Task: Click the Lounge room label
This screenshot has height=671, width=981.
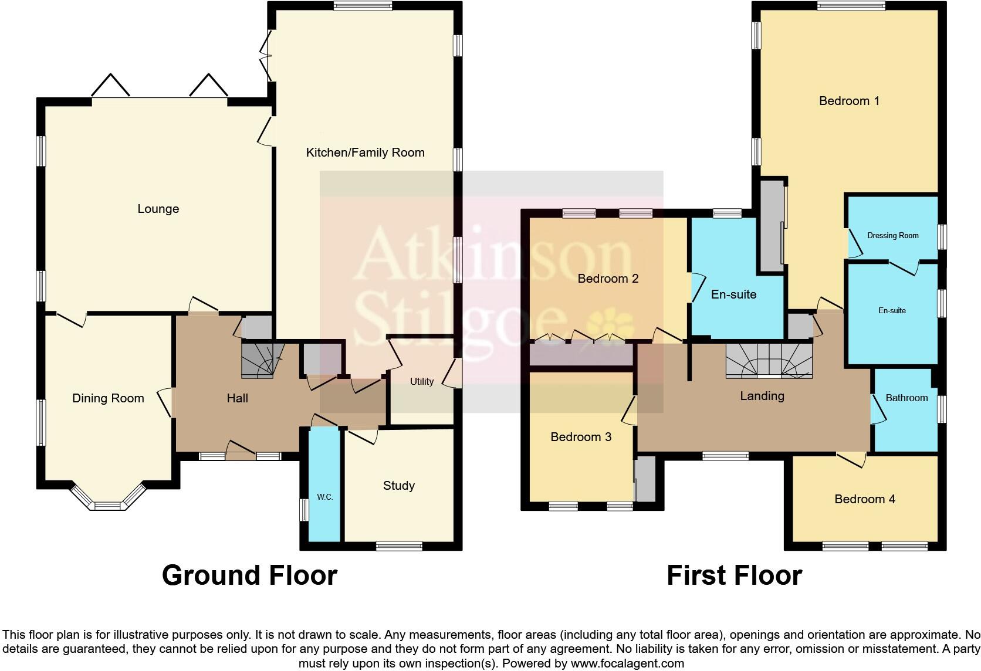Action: coord(158,209)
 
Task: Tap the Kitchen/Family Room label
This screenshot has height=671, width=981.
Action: coord(365,152)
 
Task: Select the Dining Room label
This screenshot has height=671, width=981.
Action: coord(108,398)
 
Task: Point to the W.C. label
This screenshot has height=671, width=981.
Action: coord(324,497)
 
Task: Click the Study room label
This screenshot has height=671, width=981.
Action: coord(398,485)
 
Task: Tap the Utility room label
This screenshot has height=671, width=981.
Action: coord(421,381)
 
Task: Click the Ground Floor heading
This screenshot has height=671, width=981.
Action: coord(249,575)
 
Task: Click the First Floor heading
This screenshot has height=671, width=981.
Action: coord(734,575)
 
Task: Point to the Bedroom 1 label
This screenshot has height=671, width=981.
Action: coord(848,101)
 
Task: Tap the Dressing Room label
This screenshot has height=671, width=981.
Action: coord(892,235)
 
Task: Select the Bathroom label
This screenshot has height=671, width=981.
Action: coord(906,398)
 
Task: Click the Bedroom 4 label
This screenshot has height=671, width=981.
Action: coord(864,499)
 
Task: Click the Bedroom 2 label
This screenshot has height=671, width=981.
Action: coord(608,278)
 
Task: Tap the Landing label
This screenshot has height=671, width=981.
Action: coord(762,395)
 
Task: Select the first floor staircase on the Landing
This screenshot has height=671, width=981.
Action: coord(769,360)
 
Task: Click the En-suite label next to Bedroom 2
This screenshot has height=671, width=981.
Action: coord(733,294)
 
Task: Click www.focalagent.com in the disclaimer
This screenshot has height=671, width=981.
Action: coord(627,663)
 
